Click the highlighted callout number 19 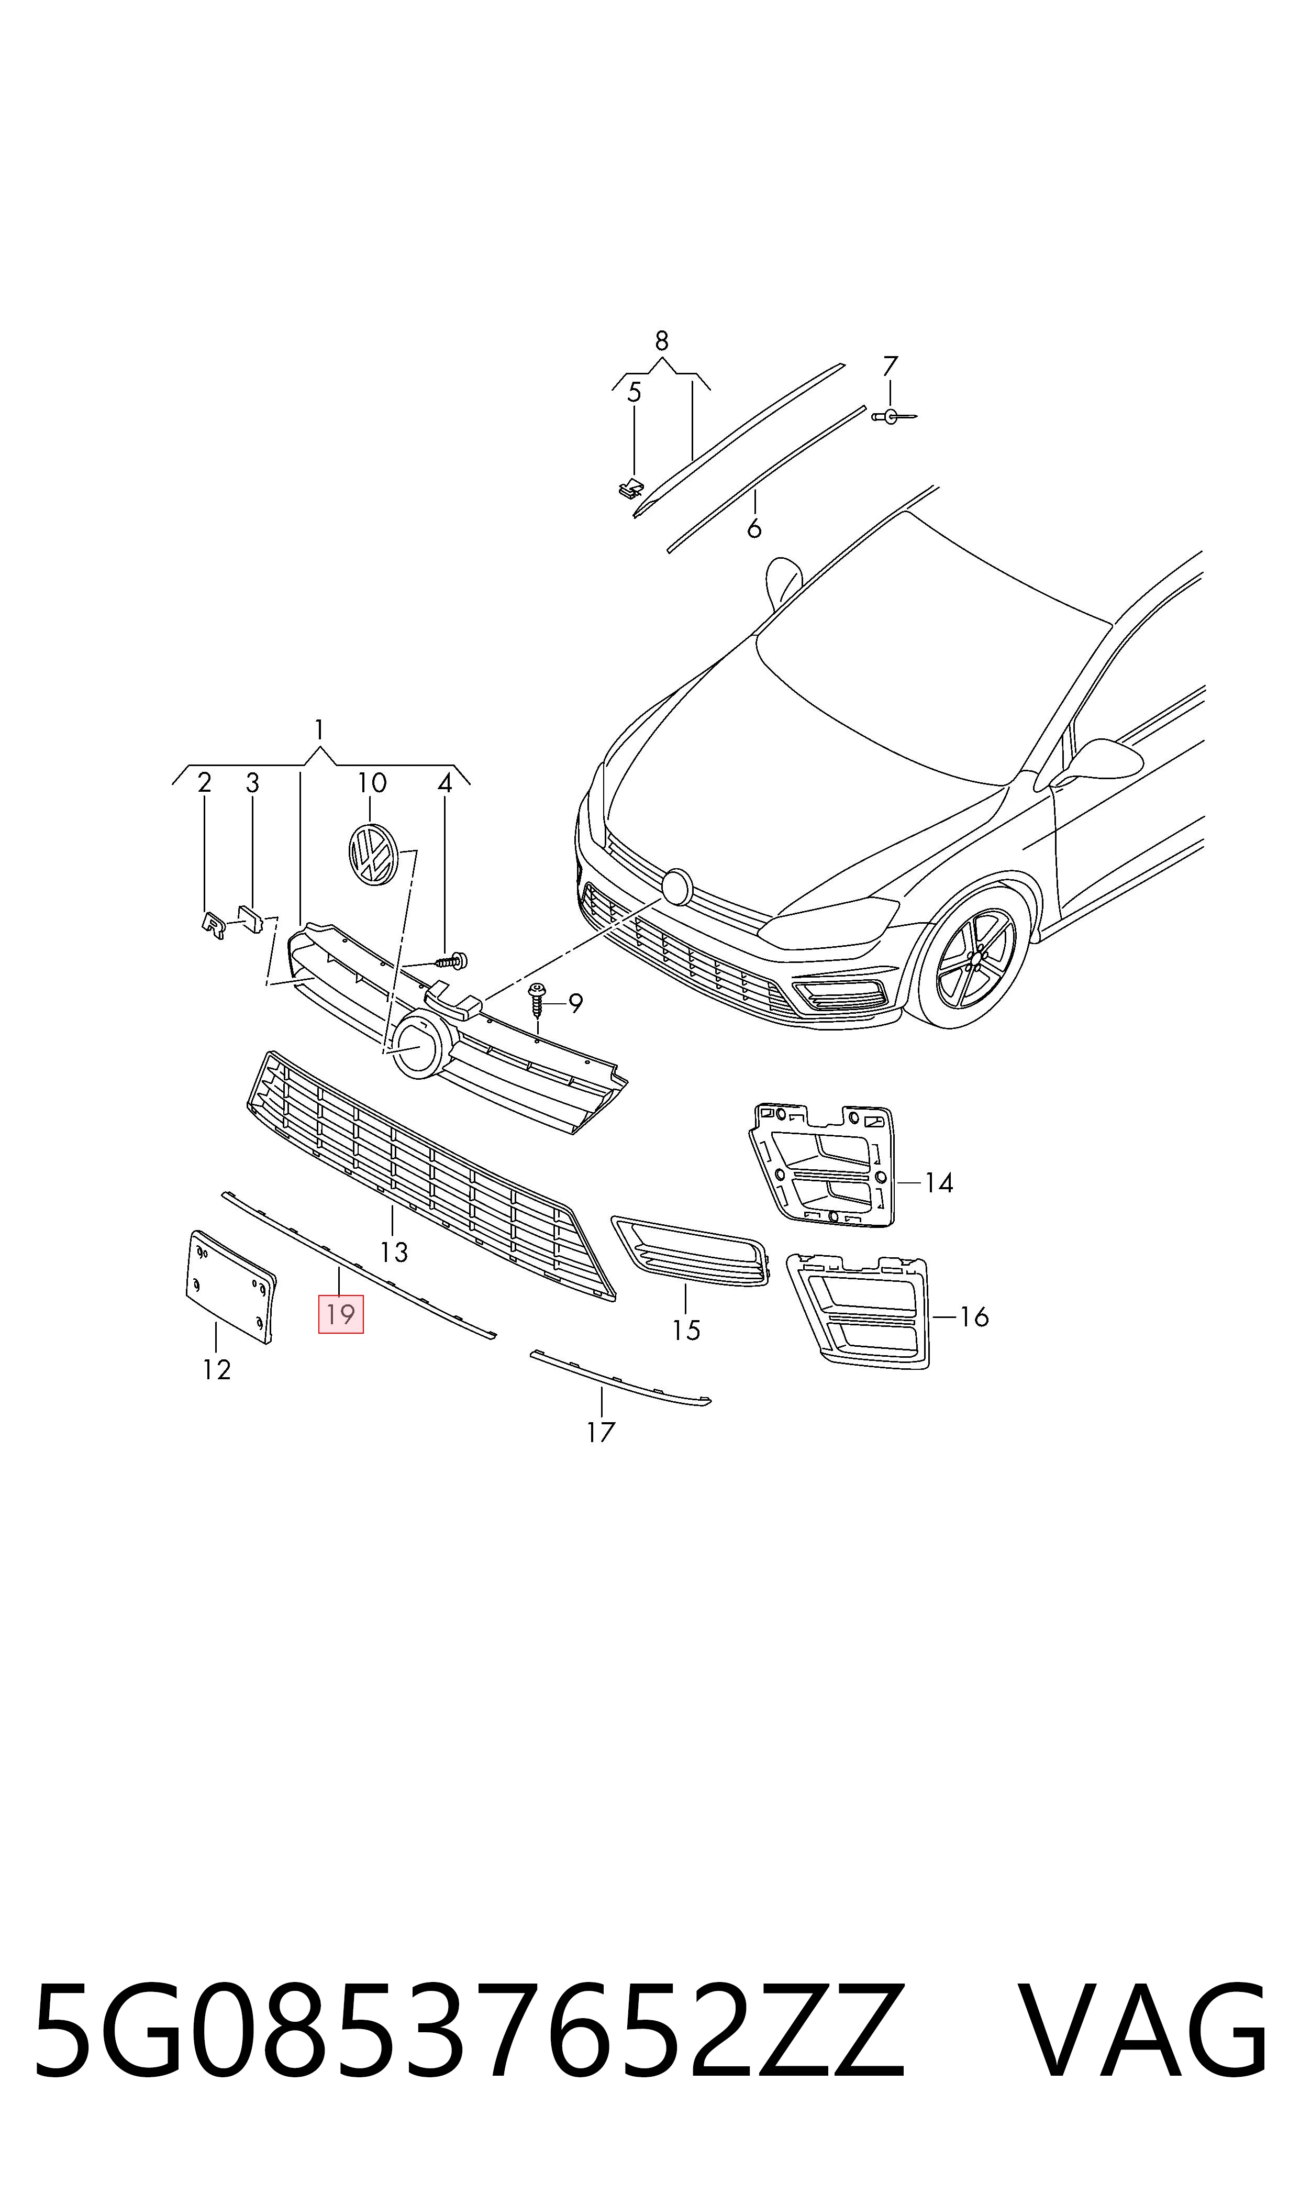click(x=340, y=1314)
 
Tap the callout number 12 click(x=216, y=1369)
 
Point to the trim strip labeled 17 click(x=620, y=1378)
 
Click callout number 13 click(x=394, y=1252)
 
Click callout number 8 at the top click(x=661, y=340)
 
